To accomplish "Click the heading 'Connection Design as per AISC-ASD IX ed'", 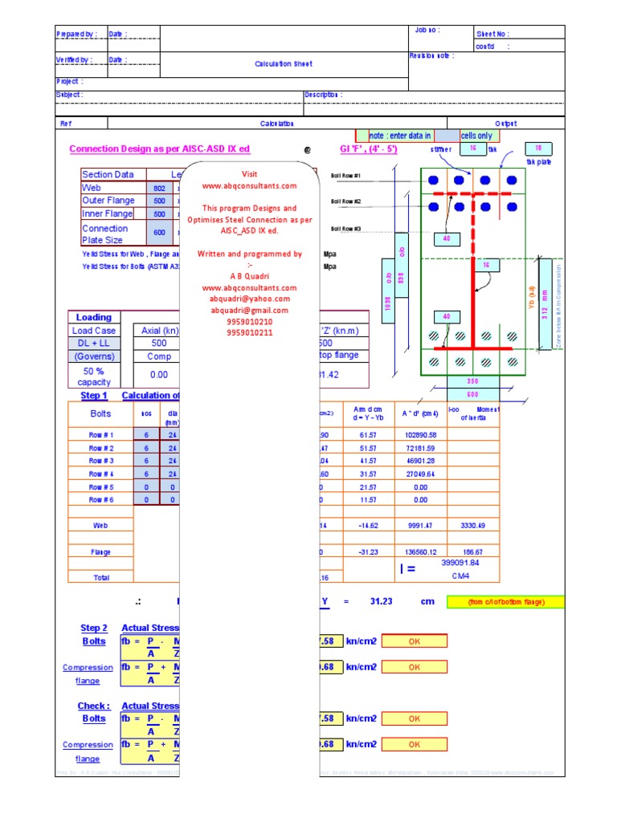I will click(x=160, y=149).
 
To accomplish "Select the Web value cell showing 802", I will click(x=158, y=188).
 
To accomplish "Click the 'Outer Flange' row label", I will click(x=108, y=201).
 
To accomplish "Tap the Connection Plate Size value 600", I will click(x=158, y=233).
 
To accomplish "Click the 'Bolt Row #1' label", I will click(x=346, y=176).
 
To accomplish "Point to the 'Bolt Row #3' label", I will click(x=346, y=230).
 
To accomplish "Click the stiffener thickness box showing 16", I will click(x=472, y=149).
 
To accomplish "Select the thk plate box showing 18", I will click(x=538, y=148).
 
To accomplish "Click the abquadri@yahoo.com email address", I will click(x=249, y=299).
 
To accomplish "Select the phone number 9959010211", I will click(x=249, y=332).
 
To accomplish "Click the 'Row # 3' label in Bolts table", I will click(x=101, y=461).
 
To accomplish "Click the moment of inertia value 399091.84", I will click(x=460, y=563).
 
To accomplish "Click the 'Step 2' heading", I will click(x=94, y=629).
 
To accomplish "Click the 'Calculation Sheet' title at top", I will click(x=284, y=63).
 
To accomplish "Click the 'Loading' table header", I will click(x=93, y=317).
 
